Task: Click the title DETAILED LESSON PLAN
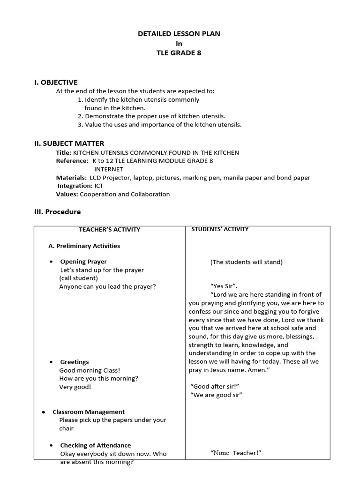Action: click(x=178, y=34)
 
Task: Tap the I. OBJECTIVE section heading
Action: click(x=56, y=82)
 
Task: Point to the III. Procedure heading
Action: click(x=57, y=211)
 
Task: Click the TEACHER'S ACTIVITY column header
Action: click(x=109, y=229)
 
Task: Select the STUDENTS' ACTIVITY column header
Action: click(x=220, y=229)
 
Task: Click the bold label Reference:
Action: click(x=72, y=161)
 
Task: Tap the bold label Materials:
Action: click(x=71, y=178)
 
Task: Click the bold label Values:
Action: click(x=67, y=194)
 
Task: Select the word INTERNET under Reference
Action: click(x=108, y=169)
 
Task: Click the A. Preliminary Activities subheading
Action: click(x=84, y=246)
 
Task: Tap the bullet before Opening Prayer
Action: click(x=51, y=262)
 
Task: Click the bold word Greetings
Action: click(x=74, y=362)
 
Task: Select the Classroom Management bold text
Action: click(x=88, y=412)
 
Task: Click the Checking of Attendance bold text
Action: click(x=95, y=445)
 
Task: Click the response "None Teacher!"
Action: click(x=235, y=452)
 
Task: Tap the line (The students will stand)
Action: click(x=246, y=262)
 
